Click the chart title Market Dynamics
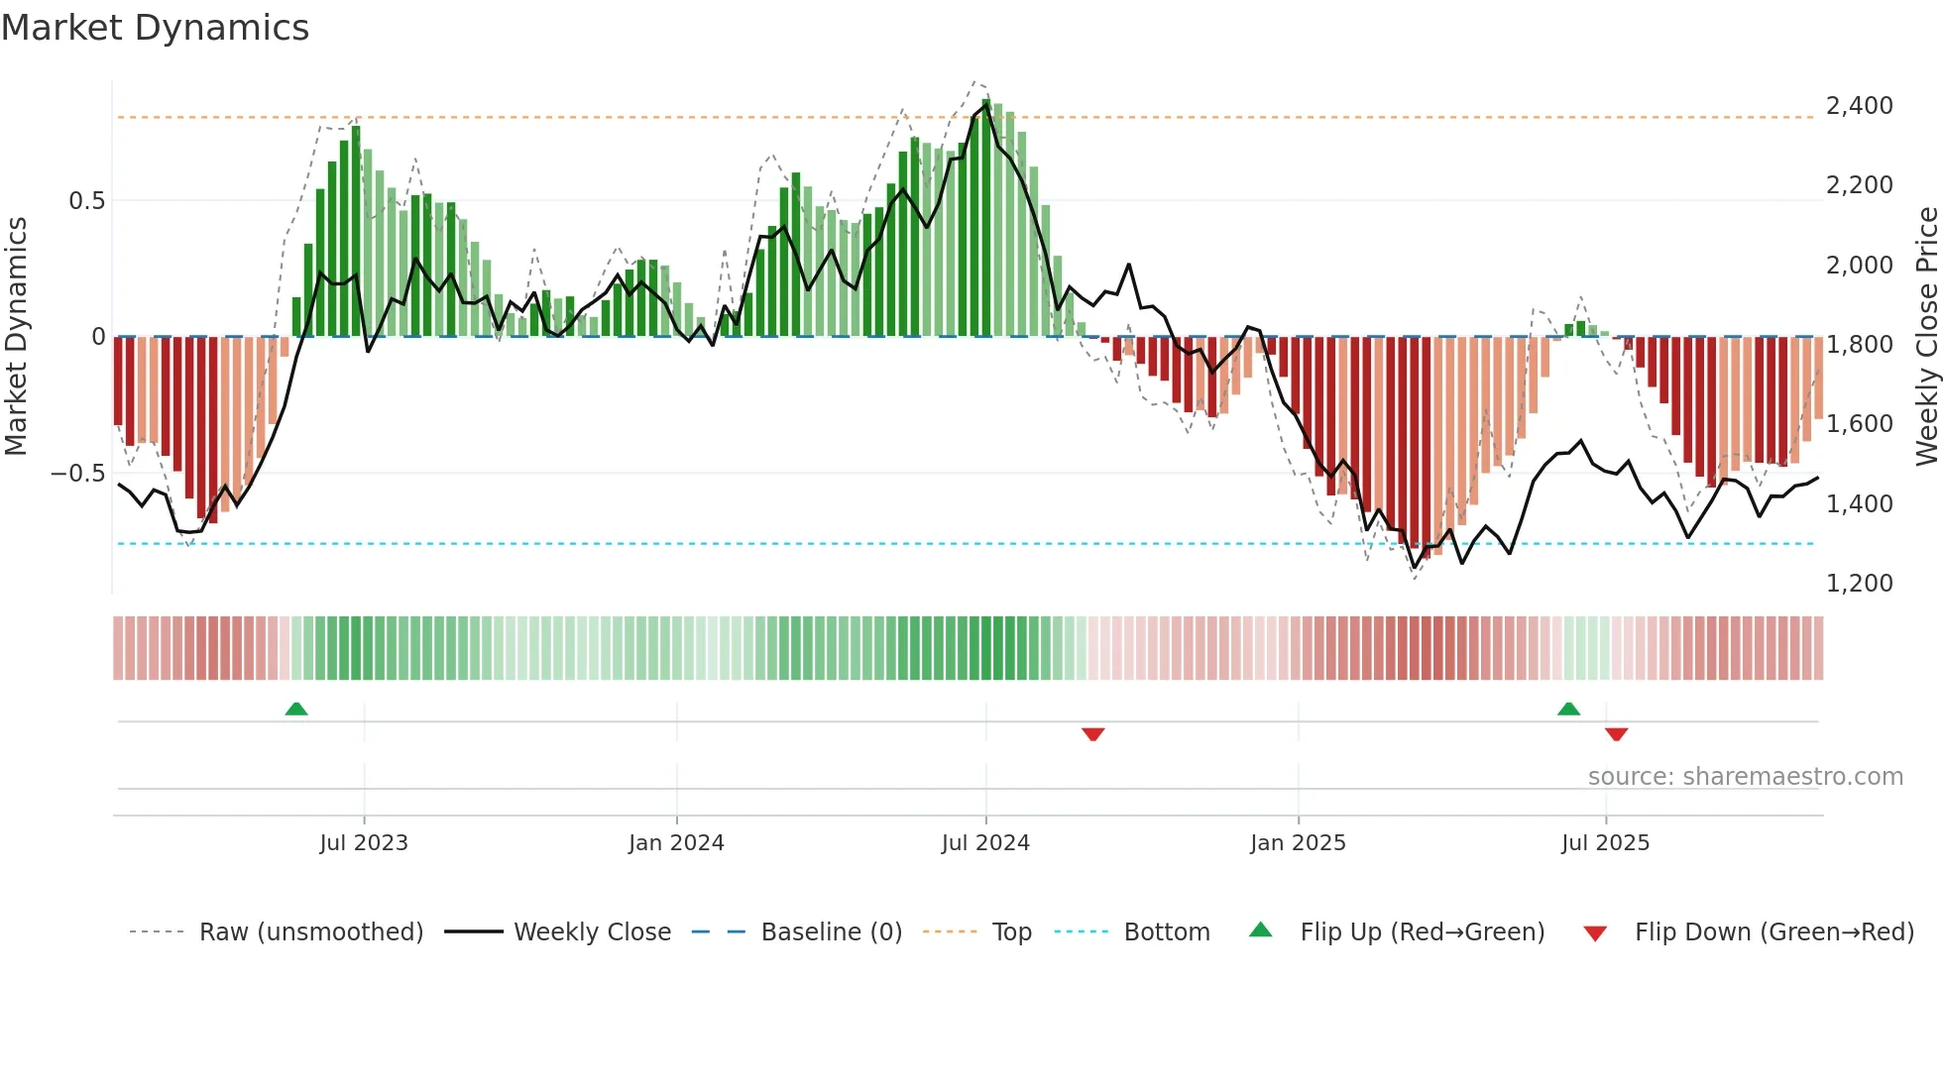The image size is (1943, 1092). click(156, 28)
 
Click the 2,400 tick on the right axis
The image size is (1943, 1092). click(1859, 106)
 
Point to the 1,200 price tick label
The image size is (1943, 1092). click(1859, 584)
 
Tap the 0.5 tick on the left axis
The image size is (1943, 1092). click(86, 201)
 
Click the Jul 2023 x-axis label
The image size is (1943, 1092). click(364, 843)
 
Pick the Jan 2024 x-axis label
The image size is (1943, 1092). click(676, 843)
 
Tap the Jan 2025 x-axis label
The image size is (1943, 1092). click(1298, 843)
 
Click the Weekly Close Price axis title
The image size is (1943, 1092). click(1926, 337)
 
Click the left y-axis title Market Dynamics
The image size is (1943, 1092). click(16, 337)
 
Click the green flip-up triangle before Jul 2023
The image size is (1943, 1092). click(296, 710)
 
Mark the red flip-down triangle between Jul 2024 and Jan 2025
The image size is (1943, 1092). click(1093, 734)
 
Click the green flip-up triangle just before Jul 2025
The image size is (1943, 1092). click(1568, 710)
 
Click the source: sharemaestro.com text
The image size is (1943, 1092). click(1745, 777)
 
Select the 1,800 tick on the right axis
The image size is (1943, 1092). click(1859, 345)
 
